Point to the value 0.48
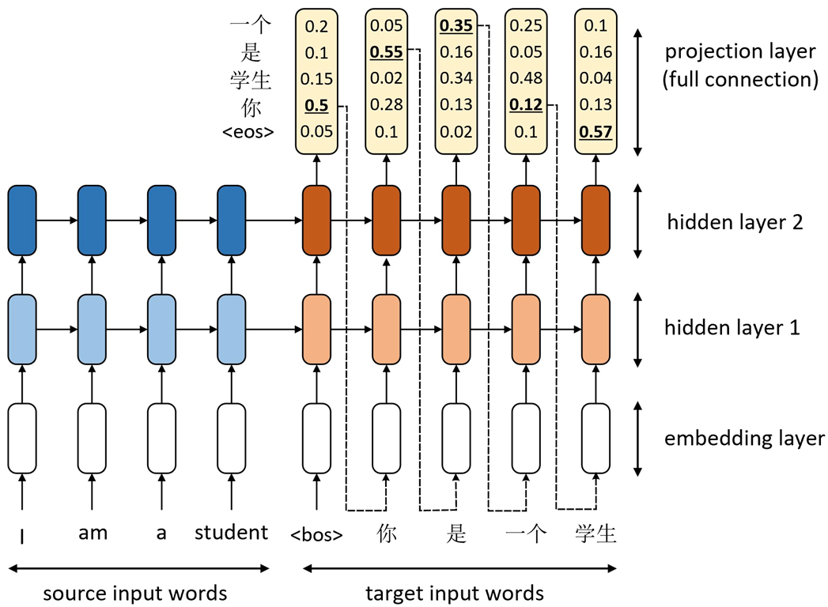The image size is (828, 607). click(x=526, y=79)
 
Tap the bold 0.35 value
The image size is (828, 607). click(x=456, y=27)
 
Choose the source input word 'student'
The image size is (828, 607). click(x=231, y=533)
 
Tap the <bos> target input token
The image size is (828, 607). click(x=317, y=534)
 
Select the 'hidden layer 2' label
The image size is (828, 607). click(x=735, y=222)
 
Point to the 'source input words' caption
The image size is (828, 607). click(x=135, y=593)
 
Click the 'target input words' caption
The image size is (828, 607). click(x=455, y=593)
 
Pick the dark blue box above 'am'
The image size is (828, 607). click(x=93, y=222)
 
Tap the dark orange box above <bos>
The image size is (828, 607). click(x=318, y=222)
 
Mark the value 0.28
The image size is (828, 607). click(x=387, y=105)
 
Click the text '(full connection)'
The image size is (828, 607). click(x=739, y=79)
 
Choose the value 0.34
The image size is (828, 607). click(x=456, y=79)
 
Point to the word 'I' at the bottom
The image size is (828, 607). click(x=22, y=535)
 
